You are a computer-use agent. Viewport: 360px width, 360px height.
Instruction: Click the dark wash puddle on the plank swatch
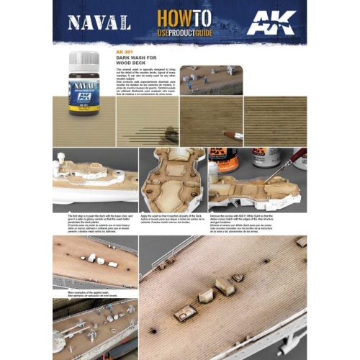click(171, 133)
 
